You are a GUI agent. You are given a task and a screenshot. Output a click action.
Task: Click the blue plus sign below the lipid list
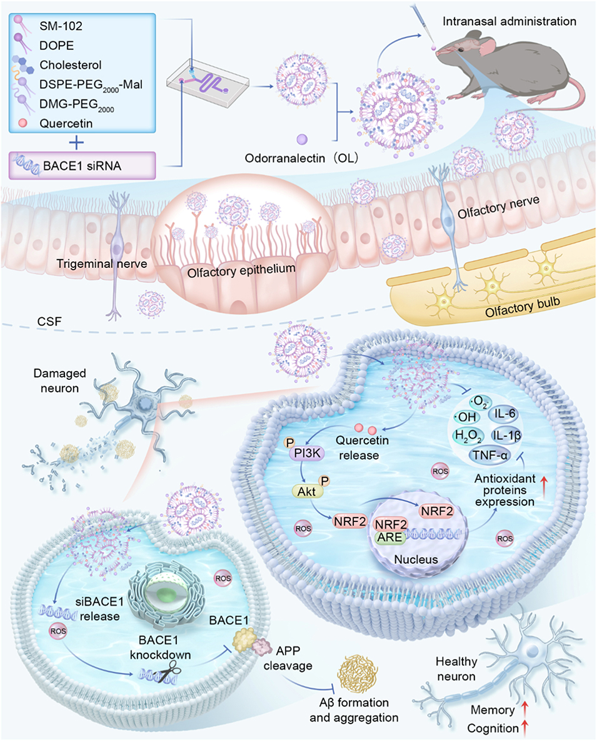tap(76, 143)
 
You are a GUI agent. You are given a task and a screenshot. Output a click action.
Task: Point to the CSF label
tap(48, 324)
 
